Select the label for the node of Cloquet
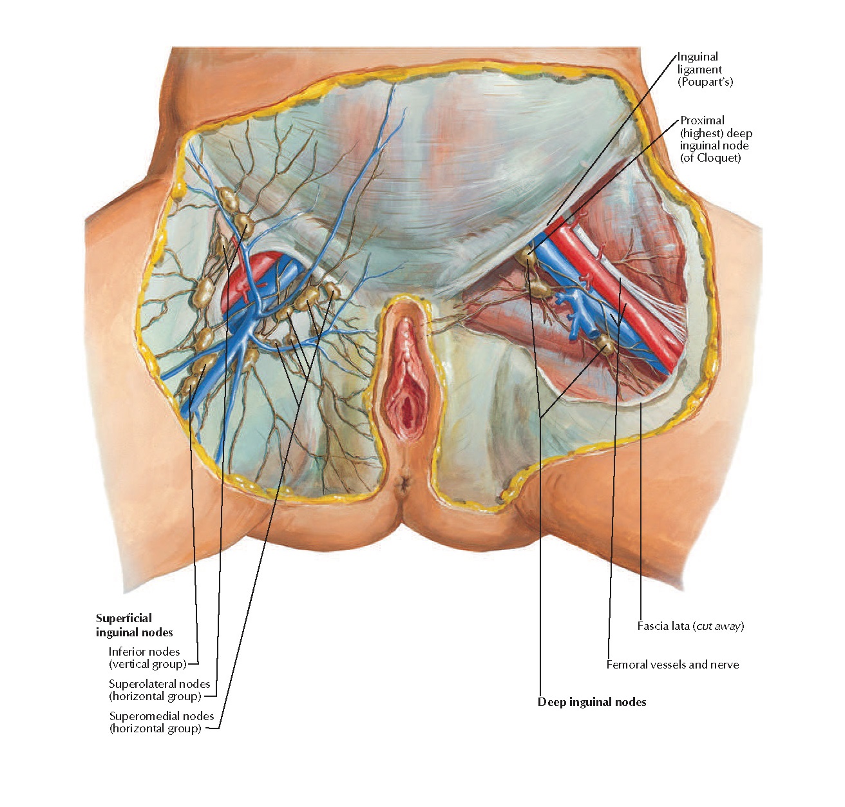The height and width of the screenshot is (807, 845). (715, 139)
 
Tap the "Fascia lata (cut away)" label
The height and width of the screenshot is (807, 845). (690, 626)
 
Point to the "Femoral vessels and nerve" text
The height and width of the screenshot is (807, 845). (672, 665)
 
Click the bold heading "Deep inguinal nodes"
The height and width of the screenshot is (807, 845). (592, 702)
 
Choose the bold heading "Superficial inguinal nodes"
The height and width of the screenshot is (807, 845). (134, 625)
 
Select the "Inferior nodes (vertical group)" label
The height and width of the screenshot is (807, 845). (147, 658)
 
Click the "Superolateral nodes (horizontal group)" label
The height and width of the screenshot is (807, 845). (159, 690)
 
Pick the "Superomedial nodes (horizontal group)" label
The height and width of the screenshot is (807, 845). (161, 722)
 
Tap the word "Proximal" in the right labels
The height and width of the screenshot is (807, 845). (702, 120)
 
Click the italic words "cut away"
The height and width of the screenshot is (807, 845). (718, 626)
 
